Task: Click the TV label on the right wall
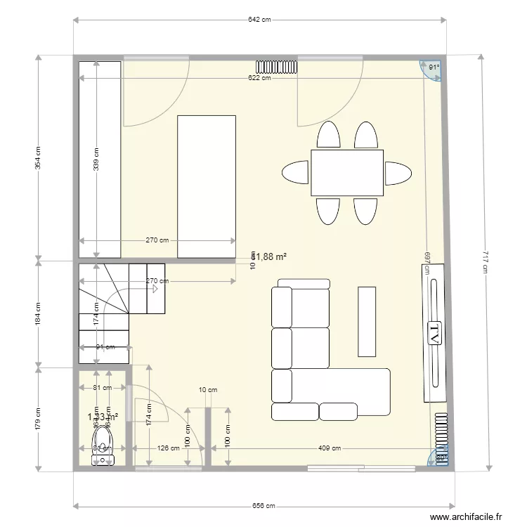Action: click(434, 333)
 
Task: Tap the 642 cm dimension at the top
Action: click(260, 20)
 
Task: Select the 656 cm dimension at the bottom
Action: click(260, 505)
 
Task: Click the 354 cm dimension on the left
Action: click(38, 158)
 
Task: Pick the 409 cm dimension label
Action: click(330, 448)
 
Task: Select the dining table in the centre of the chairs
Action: click(348, 173)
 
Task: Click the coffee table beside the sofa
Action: click(367, 321)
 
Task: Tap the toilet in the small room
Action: click(103, 447)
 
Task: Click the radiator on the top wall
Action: click(278, 67)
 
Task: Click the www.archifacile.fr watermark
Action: click(467, 516)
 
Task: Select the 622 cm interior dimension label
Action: click(259, 77)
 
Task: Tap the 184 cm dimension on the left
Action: click(38, 313)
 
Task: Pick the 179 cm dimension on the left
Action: click(38, 419)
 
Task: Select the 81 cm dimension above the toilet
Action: click(102, 388)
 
